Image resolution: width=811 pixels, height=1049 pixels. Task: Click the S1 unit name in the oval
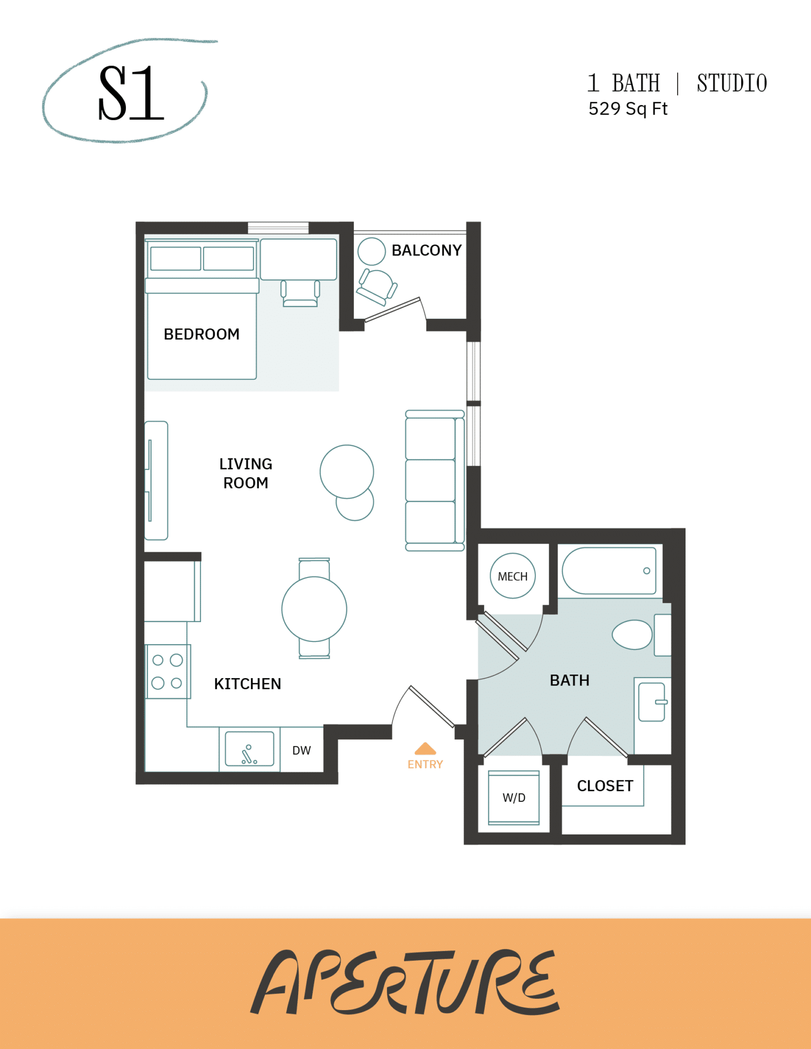(131, 93)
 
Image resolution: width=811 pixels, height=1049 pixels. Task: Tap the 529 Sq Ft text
(627, 109)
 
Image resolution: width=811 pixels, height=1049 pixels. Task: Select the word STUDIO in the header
(732, 83)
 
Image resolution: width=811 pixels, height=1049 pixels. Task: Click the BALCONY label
(426, 250)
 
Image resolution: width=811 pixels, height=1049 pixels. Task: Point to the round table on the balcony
(372, 251)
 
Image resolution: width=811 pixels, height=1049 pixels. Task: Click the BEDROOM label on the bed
(202, 334)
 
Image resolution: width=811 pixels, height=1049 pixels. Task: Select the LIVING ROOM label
(246, 473)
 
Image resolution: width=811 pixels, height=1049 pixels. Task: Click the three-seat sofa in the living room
(434, 480)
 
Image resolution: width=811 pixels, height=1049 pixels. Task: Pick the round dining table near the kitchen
(314, 609)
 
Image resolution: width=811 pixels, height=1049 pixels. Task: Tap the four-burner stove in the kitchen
(167, 671)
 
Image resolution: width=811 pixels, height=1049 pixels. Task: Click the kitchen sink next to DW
(249, 749)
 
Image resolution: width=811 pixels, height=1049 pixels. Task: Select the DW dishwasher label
(301, 751)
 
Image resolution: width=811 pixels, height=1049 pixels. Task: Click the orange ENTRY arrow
(425, 749)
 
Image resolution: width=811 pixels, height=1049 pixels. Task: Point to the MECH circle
(512, 576)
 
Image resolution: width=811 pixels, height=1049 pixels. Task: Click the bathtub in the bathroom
(609, 571)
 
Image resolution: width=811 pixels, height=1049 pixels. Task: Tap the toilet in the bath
(633, 634)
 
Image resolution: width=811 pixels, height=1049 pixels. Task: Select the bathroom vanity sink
(652, 702)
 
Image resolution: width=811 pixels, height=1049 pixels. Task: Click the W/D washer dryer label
(513, 798)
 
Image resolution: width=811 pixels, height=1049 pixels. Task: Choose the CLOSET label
(605, 786)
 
